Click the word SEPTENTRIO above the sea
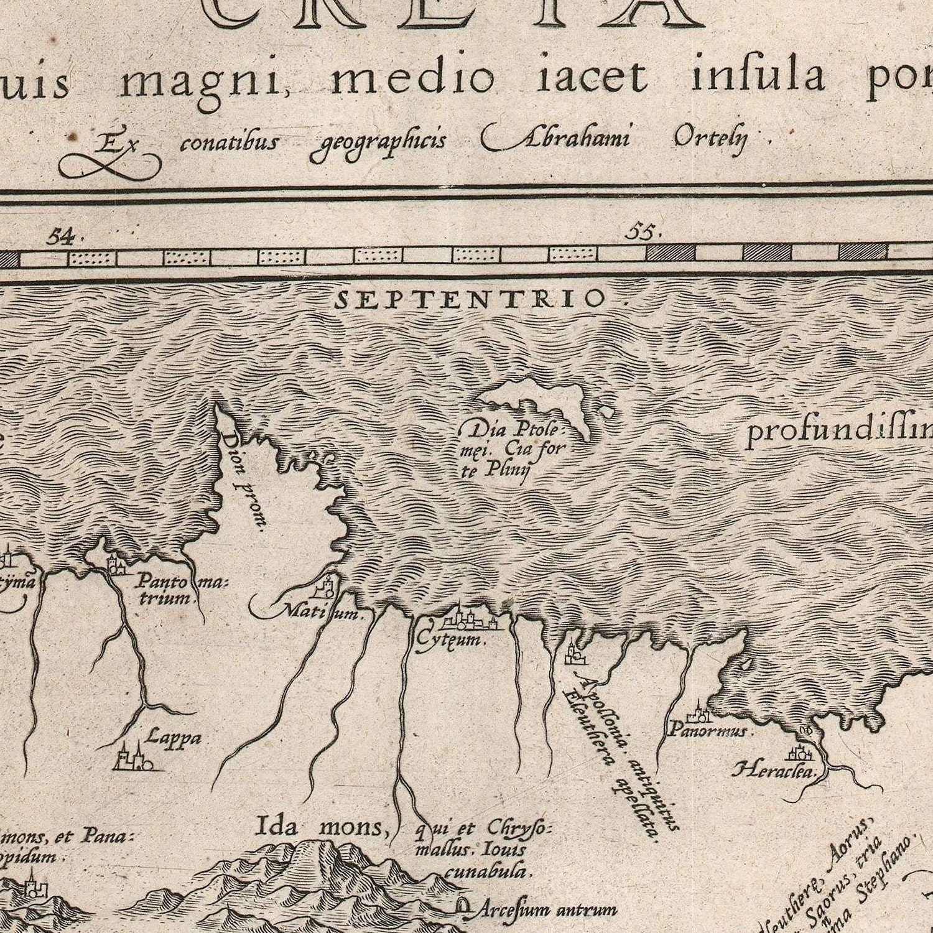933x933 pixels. click(469, 300)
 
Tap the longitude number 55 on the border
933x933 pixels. click(642, 232)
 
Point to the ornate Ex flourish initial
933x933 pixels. click(111, 155)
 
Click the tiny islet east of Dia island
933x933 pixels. click(605, 411)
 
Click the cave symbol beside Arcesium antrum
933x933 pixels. click(463, 907)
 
